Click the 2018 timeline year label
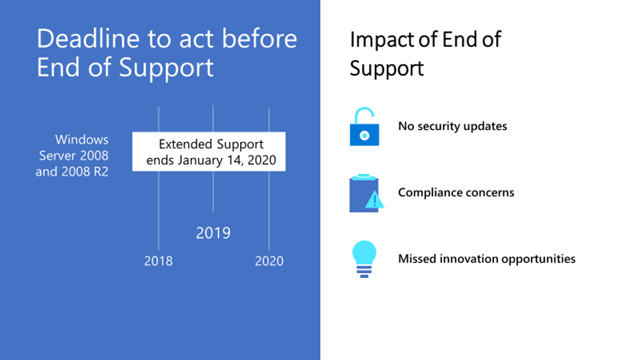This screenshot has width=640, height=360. [159, 261]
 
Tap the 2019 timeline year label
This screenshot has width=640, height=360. [213, 233]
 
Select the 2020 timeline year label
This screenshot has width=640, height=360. [269, 261]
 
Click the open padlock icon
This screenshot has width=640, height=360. [364, 127]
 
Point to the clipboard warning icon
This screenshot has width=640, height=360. [366, 193]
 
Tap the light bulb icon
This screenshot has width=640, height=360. [364, 259]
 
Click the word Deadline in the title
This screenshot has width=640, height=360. [88, 39]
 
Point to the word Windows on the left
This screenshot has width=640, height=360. [81, 139]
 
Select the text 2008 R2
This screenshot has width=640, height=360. [85, 171]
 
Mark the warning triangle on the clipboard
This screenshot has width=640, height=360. [375, 199]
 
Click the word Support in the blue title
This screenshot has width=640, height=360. [166, 68]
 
